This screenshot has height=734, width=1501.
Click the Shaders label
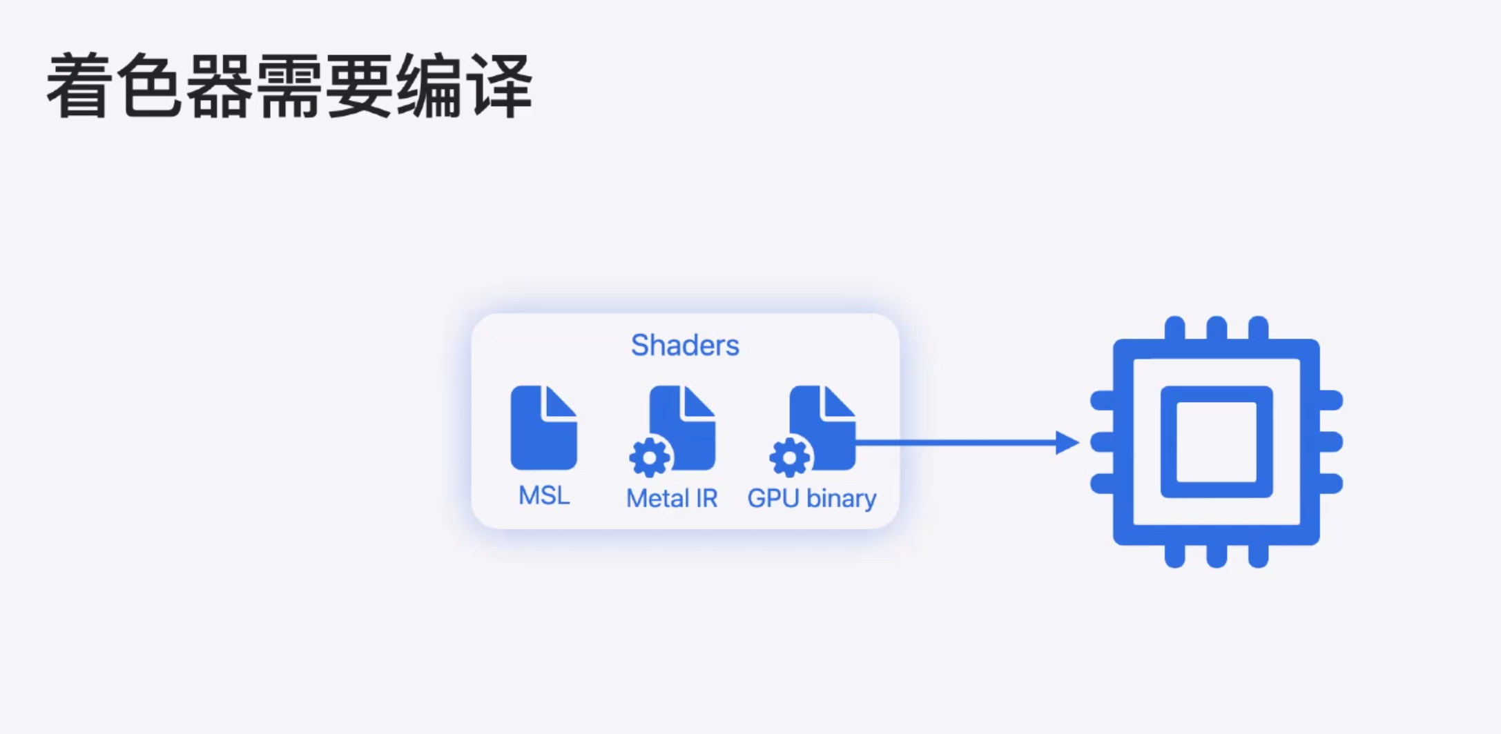(x=685, y=345)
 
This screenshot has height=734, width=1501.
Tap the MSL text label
(x=544, y=495)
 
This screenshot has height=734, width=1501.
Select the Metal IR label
(x=672, y=498)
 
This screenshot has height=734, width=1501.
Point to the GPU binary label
(x=811, y=498)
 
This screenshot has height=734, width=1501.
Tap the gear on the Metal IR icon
(x=650, y=457)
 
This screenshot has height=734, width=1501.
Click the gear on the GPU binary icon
(x=789, y=457)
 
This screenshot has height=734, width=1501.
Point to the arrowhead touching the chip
(x=1067, y=442)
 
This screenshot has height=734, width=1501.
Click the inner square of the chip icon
(x=1217, y=442)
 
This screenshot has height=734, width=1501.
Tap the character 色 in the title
(x=150, y=86)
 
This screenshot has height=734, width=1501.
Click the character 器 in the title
(x=220, y=86)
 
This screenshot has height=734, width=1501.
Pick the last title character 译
(x=499, y=86)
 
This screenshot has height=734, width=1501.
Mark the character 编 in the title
(x=429, y=86)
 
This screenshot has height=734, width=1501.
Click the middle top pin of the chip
(x=1217, y=328)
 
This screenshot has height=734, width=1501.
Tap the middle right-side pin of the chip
(x=1331, y=442)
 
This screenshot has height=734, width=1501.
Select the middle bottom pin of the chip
(x=1217, y=555)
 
